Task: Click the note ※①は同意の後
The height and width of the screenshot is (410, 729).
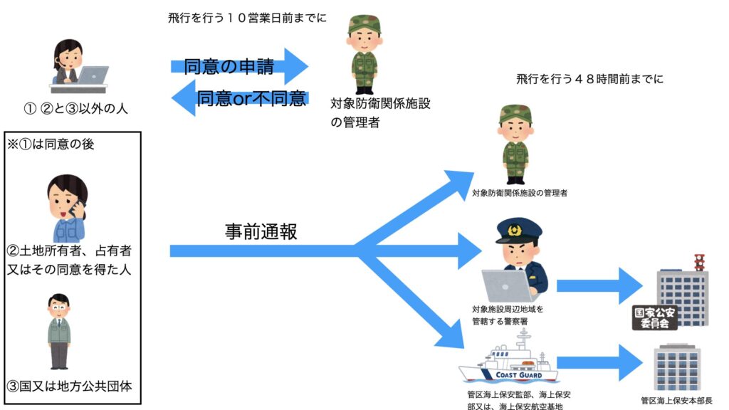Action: pyautogui.click(x=51, y=144)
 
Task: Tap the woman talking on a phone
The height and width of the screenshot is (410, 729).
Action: pyautogui.click(x=68, y=206)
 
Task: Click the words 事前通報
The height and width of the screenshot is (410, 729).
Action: pyautogui.click(x=261, y=232)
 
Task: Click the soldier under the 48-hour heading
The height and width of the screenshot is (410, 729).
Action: pyautogui.click(x=515, y=143)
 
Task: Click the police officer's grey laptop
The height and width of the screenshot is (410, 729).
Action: pyautogui.click(x=505, y=285)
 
